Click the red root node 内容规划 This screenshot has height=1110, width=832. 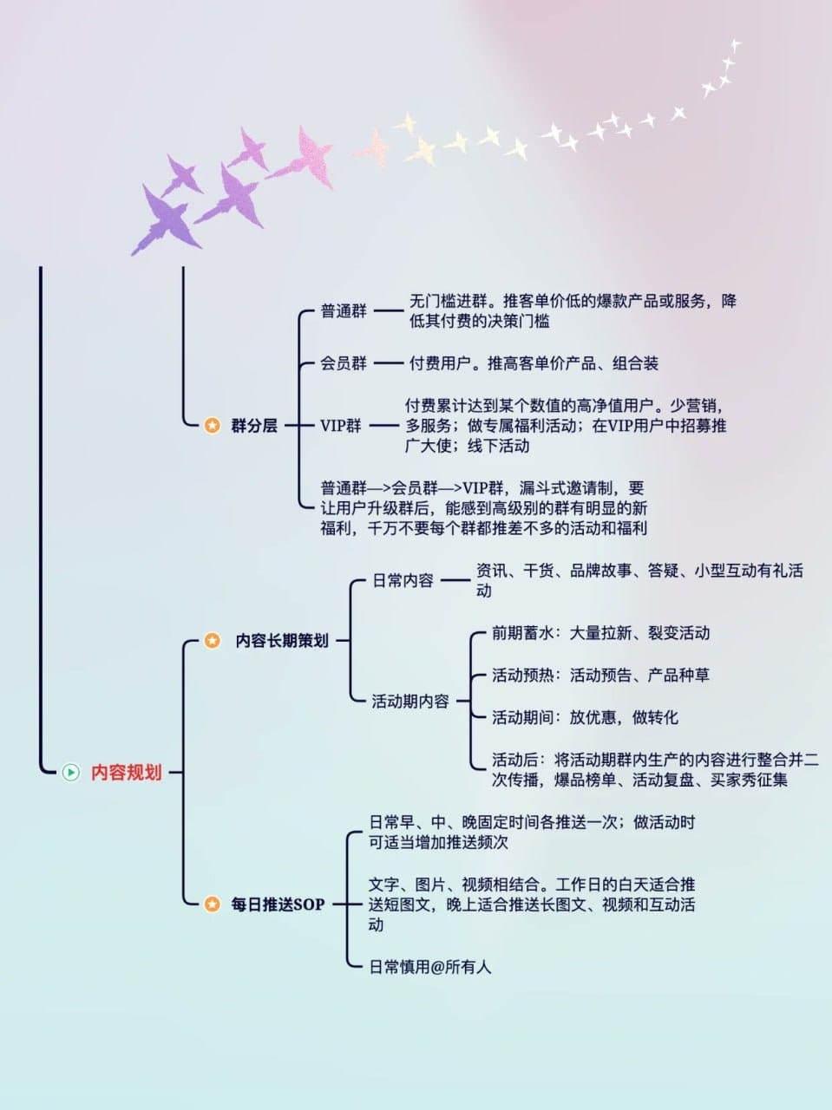[x=126, y=772]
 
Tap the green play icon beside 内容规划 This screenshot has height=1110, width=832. [x=70, y=772]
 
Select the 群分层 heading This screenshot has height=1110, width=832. [x=254, y=426]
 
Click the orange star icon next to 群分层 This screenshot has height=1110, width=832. [x=213, y=426]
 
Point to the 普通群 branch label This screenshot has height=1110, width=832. [x=344, y=311]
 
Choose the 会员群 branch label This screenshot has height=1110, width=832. [x=344, y=363]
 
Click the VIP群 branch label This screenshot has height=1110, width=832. [x=341, y=426]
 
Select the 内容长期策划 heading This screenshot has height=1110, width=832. [x=282, y=641]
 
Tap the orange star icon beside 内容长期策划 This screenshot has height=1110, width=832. [x=213, y=641]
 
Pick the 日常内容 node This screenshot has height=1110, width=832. [x=403, y=580]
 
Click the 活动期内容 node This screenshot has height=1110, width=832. [x=410, y=701]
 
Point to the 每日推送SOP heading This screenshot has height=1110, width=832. [x=278, y=904]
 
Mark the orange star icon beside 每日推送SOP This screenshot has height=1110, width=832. [x=213, y=904]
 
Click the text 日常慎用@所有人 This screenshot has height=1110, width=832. [x=429, y=966]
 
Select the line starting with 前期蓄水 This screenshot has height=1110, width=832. [x=600, y=633]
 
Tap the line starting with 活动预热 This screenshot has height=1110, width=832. [x=600, y=675]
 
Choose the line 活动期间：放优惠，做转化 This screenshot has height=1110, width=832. [x=585, y=717]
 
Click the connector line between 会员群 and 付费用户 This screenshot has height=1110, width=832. [x=388, y=363]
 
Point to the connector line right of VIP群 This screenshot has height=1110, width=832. [x=383, y=426]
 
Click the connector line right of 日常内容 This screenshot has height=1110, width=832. [x=455, y=580]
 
